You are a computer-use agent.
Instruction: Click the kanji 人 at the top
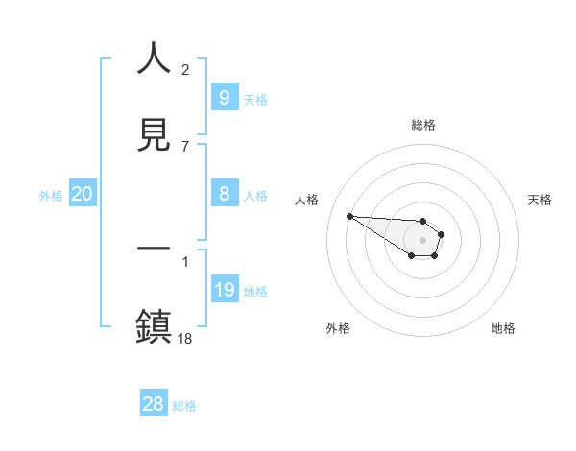pyautogui.click(x=155, y=59)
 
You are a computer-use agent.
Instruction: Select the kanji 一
pyautogui.click(x=155, y=249)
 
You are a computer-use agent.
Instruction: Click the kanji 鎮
pyautogui.click(x=155, y=325)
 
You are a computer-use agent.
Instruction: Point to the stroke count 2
pyautogui.click(x=185, y=70)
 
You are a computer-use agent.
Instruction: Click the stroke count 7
pyautogui.click(x=185, y=146)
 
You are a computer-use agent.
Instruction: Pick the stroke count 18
pyautogui.click(x=185, y=338)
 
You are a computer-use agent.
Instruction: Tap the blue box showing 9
pyautogui.click(x=224, y=98)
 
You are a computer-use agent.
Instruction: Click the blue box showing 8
pyautogui.click(x=224, y=194)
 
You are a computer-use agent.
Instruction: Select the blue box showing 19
pyautogui.click(x=224, y=290)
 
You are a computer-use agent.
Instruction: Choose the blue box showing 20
pyautogui.click(x=83, y=194)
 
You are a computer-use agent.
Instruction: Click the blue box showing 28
pyautogui.click(x=153, y=404)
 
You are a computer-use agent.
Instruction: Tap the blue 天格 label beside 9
pyautogui.click(x=255, y=99)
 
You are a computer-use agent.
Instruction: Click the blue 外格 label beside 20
pyautogui.click(x=51, y=195)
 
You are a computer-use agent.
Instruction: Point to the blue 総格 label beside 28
pyautogui.click(x=184, y=405)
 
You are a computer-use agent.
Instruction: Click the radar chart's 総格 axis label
pyautogui.click(x=422, y=125)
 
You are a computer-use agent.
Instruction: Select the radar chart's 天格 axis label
pyautogui.click(x=540, y=200)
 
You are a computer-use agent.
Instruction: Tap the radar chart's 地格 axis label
pyautogui.click(x=503, y=328)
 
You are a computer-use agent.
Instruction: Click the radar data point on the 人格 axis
pyautogui.click(x=349, y=216)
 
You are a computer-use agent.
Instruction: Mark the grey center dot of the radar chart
pyautogui.click(x=422, y=239)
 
